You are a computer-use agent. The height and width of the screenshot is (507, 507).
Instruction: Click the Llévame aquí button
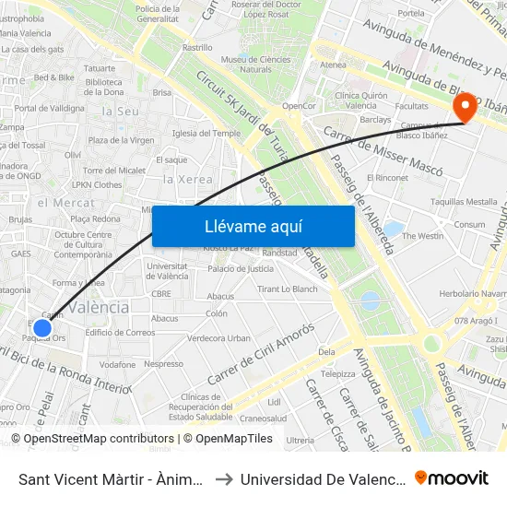click(253, 226)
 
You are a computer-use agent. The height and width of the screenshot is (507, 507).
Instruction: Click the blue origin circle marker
click(42, 327)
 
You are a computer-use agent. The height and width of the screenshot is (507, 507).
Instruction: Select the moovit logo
click(452, 478)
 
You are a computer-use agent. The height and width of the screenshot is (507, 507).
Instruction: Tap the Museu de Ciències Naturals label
click(247, 64)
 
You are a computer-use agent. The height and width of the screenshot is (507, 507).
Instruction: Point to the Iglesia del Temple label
click(199, 133)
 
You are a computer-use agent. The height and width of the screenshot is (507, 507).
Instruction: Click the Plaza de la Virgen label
click(121, 140)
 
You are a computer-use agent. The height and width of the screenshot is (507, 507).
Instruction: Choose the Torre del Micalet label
click(114, 171)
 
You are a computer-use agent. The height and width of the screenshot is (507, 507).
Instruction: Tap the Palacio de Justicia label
click(240, 269)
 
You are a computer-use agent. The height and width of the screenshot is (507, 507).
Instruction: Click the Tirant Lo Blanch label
click(287, 289)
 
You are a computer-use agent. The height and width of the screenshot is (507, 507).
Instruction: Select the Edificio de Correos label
click(120, 333)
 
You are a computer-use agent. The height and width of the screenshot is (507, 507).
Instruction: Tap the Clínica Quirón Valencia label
click(357, 100)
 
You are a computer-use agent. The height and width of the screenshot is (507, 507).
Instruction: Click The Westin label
click(423, 236)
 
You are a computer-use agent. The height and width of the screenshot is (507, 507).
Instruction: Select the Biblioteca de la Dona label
click(103, 87)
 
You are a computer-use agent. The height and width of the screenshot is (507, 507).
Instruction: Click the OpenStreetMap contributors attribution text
click(93, 439)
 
